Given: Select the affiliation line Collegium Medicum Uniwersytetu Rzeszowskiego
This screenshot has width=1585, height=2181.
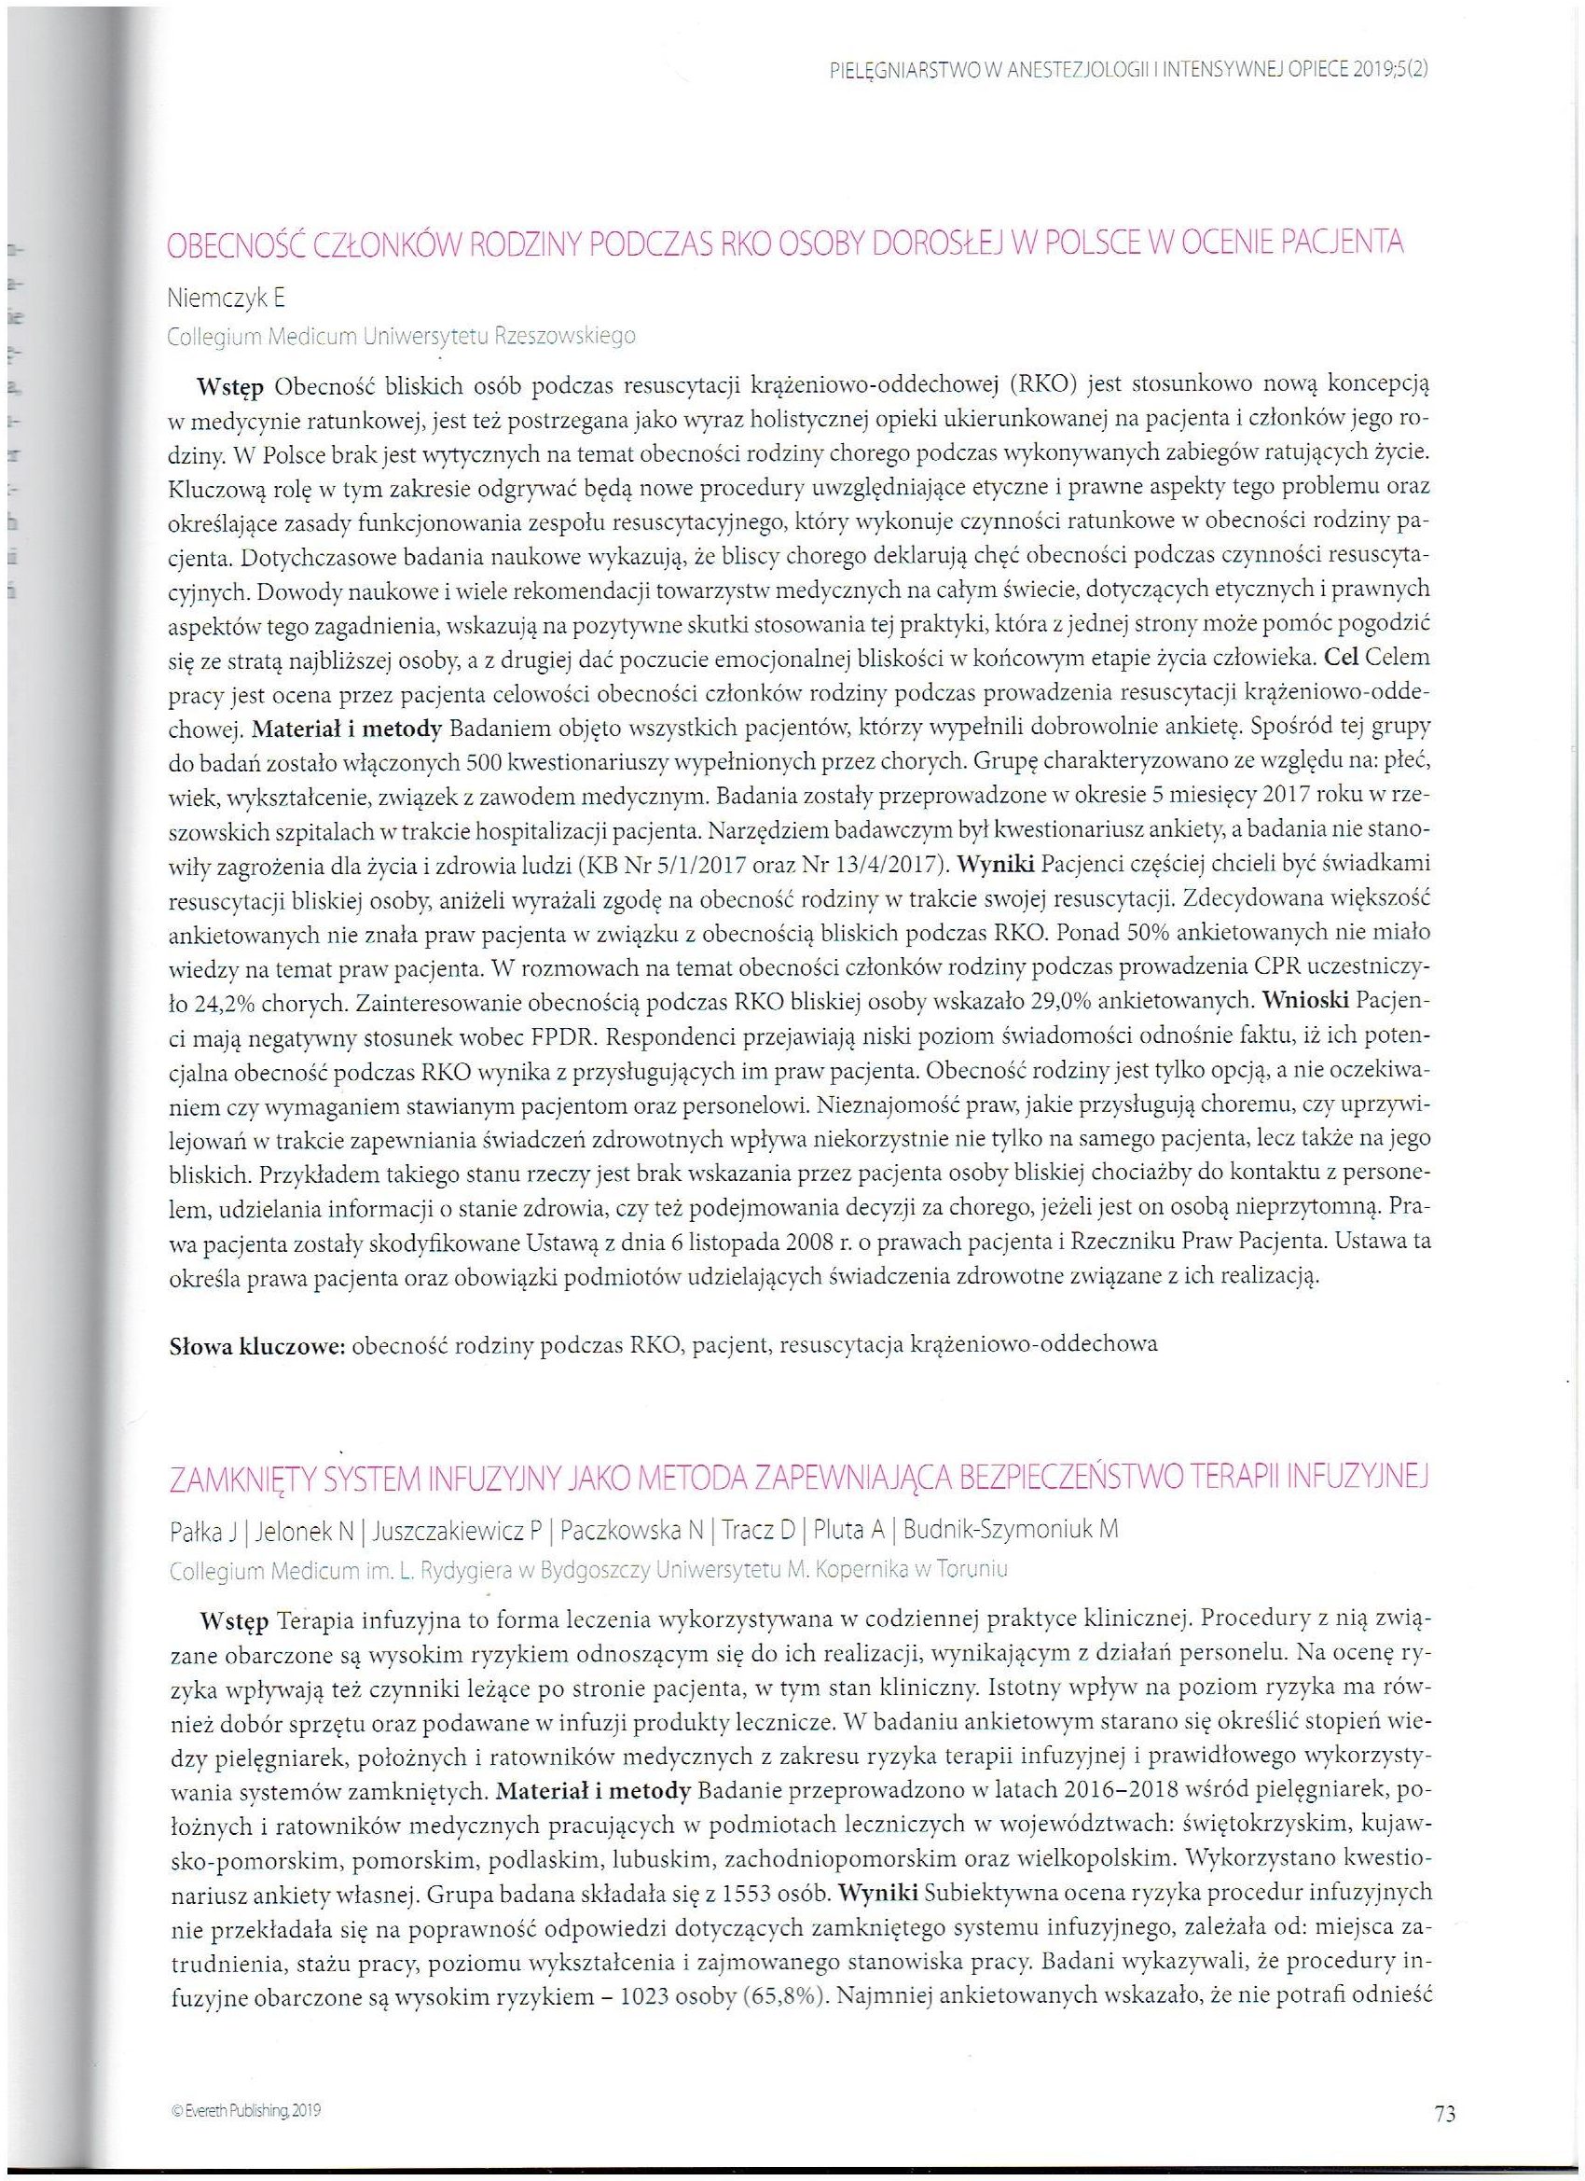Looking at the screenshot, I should [x=401, y=337].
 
